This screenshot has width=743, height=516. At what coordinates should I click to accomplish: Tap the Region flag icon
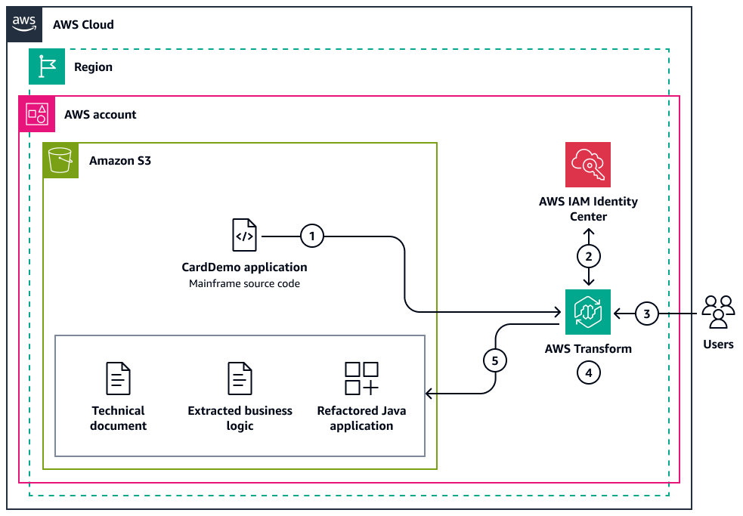click(x=47, y=66)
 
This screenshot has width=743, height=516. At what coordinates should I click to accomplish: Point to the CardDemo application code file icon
click(x=244, y=235)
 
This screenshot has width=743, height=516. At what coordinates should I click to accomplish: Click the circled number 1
click(x=311, y=236)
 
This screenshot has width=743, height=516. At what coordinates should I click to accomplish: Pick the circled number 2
click(x=588, y=256)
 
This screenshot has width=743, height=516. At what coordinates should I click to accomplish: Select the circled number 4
click(x=588, y=372)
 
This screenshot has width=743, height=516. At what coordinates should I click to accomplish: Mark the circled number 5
click(x=495, y=360)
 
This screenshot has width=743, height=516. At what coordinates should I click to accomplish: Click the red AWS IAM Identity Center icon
click(x=588, y=164)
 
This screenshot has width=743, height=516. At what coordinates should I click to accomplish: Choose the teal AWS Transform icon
click(x=588, y=311)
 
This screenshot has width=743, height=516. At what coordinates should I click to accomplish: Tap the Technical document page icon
click(x=118, y=378)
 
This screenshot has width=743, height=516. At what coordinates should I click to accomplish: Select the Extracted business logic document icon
click(x=240, y=378)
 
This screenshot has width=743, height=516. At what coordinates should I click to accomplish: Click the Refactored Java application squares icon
click(x=361, y=378)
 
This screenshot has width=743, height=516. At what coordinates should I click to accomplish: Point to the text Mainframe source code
click(x=244, y=284)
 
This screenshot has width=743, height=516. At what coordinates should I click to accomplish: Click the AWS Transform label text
click(x=588, y=349)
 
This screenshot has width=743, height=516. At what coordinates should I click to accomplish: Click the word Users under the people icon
click(x=718, y=344)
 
